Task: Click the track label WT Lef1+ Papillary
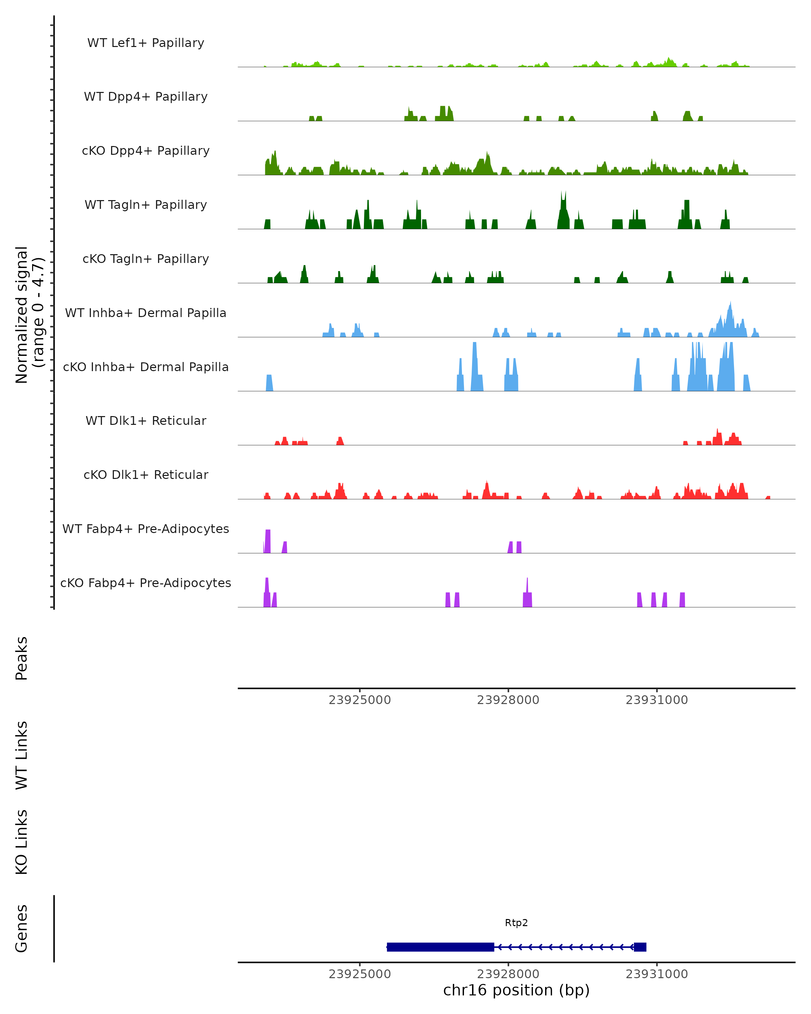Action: pos(146,43)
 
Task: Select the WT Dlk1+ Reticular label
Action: pos(146,420)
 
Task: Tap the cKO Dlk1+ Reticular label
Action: pos(146,475)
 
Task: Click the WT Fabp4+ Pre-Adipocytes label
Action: pos(146,529)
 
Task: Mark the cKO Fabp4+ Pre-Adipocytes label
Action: pos(146,583)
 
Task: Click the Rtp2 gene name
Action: pos(516,923)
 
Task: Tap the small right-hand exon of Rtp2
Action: pos(640,947)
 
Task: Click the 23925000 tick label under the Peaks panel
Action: pos(360,700)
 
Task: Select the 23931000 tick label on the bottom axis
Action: pos(657,974)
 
